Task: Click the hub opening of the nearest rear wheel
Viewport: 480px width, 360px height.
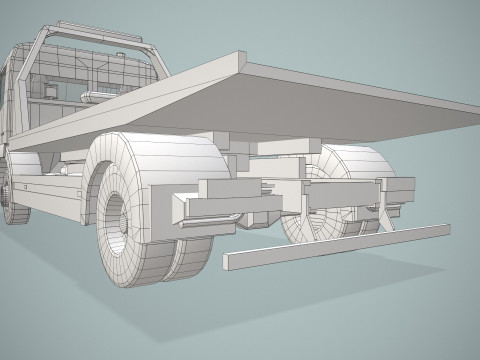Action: click(113, 217)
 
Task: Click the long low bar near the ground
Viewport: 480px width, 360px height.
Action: click(335, 246)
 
